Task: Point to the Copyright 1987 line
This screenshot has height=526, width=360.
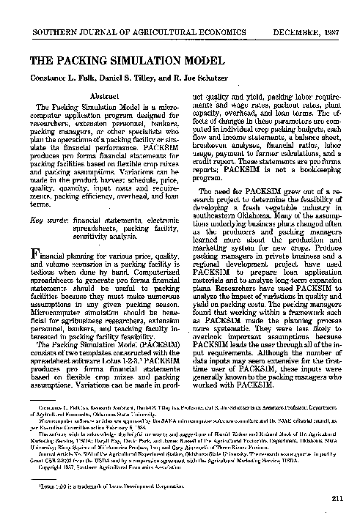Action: coord(110,466)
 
